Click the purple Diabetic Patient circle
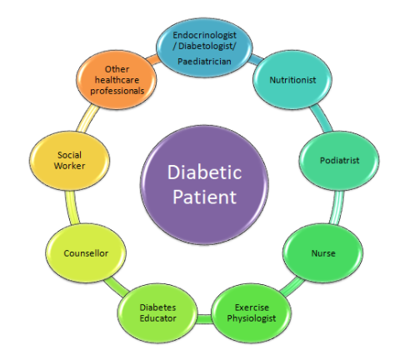[204, 185]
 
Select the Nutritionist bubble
[292, 80]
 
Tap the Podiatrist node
[339, 161]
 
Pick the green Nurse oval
[323, 253]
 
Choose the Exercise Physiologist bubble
[252, 312]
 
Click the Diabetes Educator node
[157, 312]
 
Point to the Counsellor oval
[86, 253]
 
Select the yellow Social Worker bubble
[69, 161]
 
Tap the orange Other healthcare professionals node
[117, 80]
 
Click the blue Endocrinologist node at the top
[204, 47]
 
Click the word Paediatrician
[204, 62]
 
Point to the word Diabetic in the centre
[204, 172]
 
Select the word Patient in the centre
[204, 197]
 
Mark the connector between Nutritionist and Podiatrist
[322, 118]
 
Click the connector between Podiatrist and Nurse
[337, 207]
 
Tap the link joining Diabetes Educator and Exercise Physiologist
[204, 318]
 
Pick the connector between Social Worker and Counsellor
[72, 207]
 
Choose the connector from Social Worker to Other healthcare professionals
[87, 118]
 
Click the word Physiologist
[252, 318]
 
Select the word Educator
[157, 318]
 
